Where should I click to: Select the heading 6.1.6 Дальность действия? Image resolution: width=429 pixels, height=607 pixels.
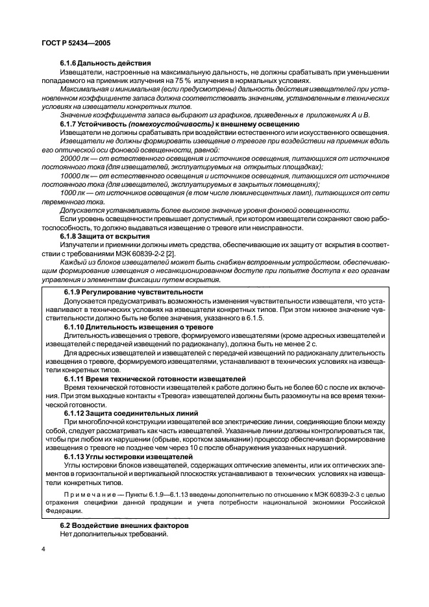pyautogui.click(x=105, y=63)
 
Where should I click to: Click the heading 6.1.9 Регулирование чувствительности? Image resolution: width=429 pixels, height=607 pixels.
pyautogui.click(x=134, y=292)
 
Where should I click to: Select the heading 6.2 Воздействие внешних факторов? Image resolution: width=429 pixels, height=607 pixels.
pyautogui.click(x=119, y=525)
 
